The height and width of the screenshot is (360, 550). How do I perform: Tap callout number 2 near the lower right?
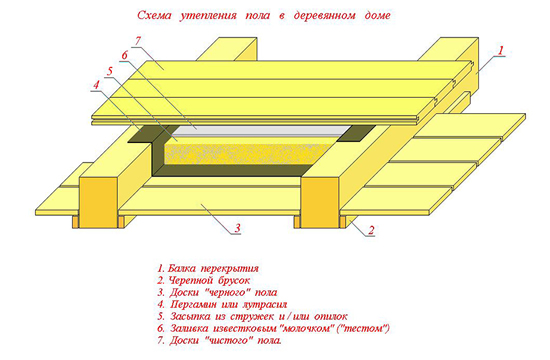[371, 231]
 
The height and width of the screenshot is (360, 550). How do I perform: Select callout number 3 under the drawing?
[237, 229]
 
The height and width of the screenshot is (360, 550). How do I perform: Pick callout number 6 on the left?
[125, 55]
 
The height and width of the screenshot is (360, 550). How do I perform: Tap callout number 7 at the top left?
[139, 39]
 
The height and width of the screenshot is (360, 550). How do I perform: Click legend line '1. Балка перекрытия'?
[209, 269]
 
